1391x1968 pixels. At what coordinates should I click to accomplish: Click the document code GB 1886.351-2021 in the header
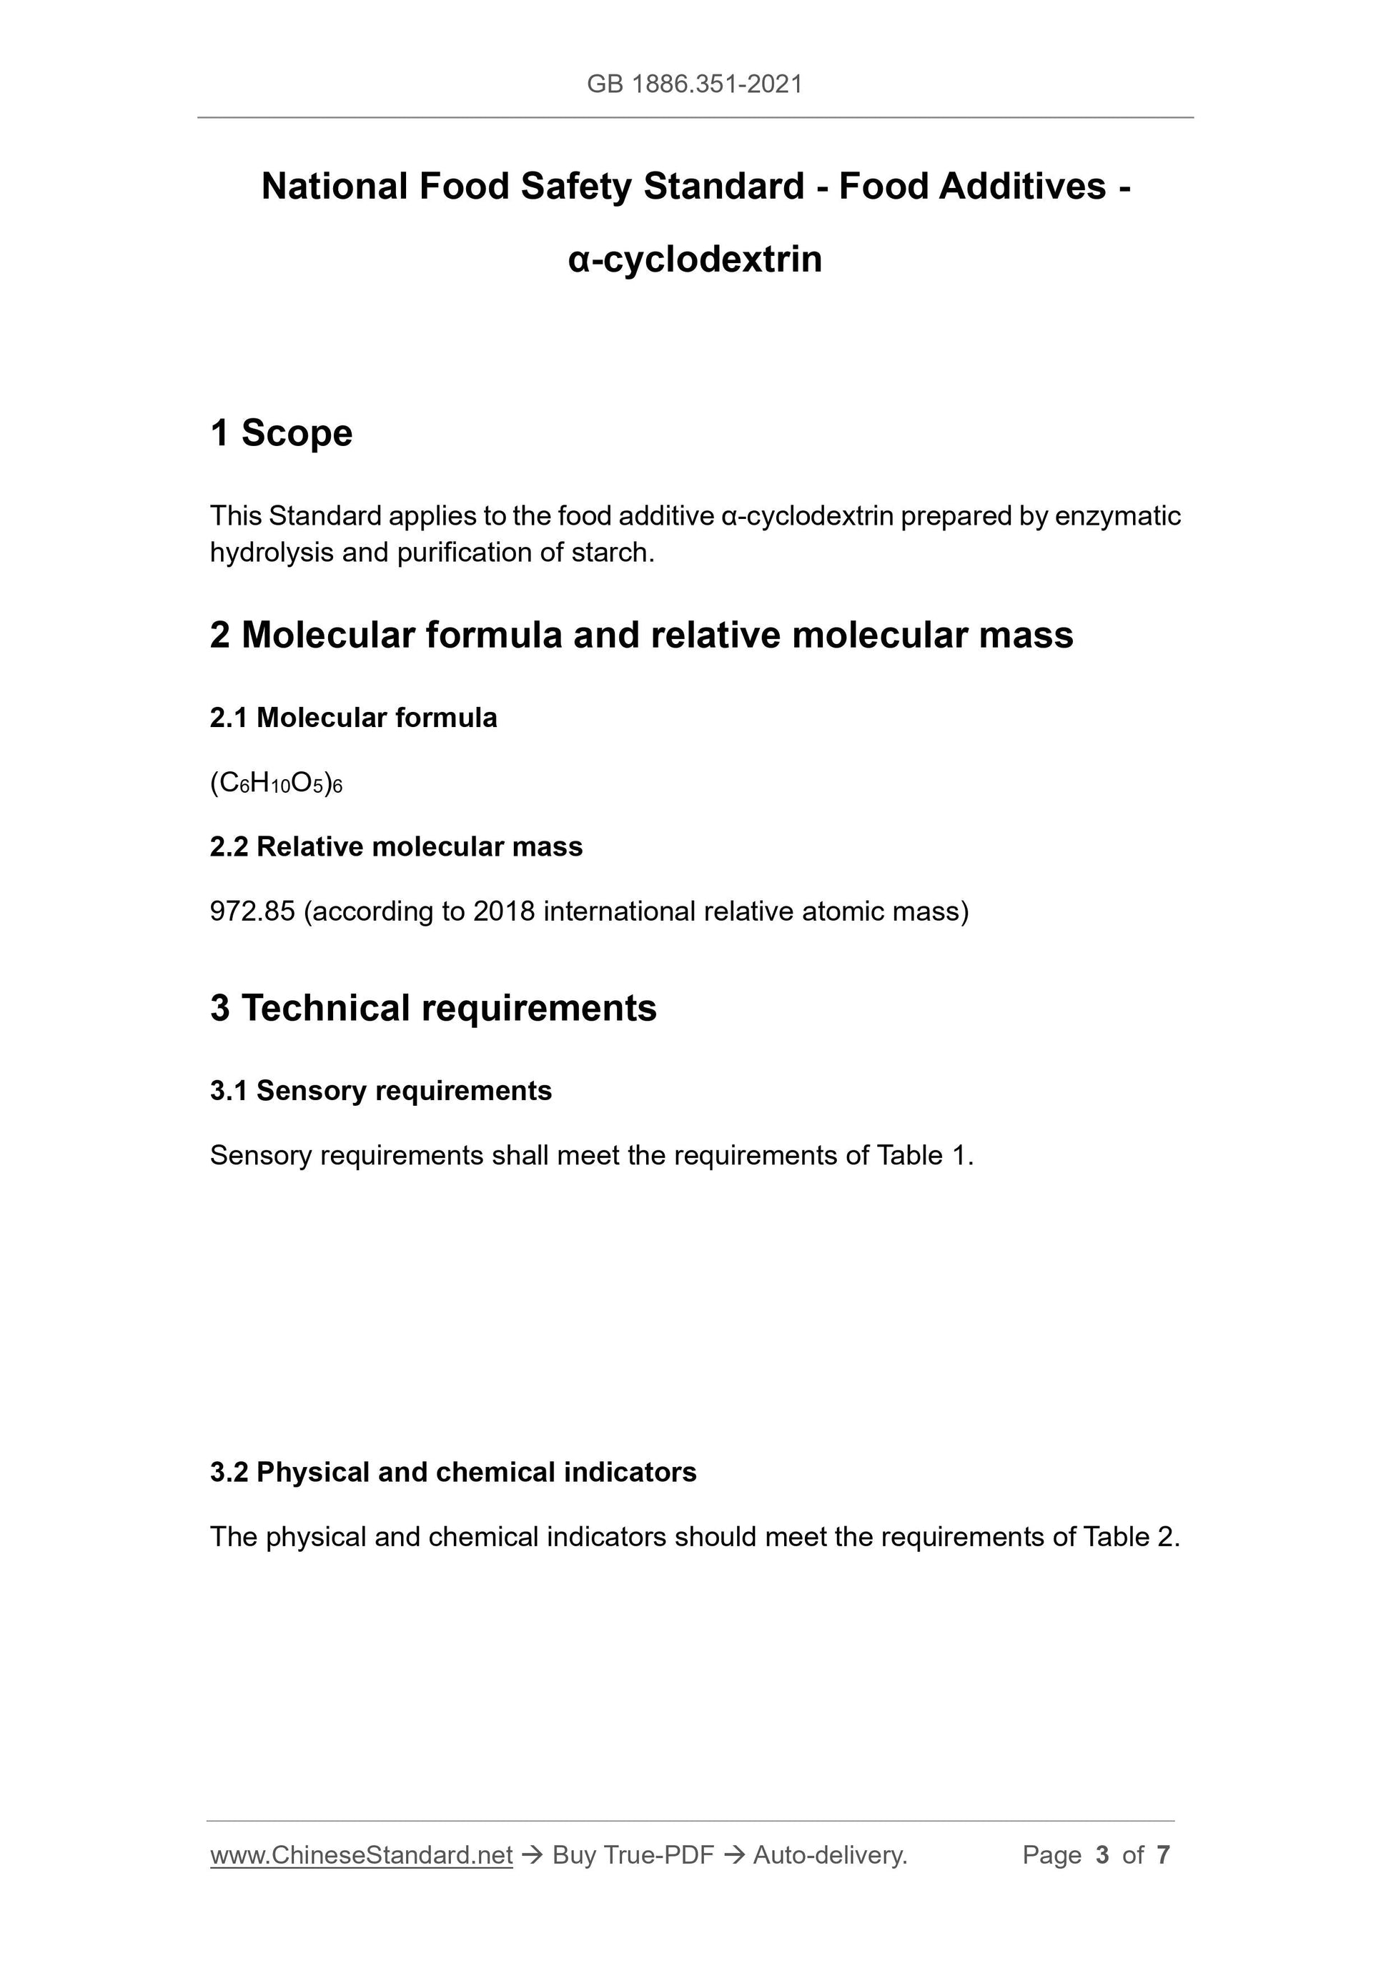click(694, 84)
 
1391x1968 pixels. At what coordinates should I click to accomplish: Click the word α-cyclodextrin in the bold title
click(694, 259)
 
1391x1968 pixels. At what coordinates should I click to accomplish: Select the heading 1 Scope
click(281, 433)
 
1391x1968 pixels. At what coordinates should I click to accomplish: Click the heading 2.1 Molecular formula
click(353, 718)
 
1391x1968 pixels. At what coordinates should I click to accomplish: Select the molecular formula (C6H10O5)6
click(276, 783)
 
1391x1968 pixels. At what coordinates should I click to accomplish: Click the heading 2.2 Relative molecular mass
click(396, 847)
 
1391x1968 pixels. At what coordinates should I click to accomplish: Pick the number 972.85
click(252, 911)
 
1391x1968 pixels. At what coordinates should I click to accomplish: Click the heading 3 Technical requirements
click(433, 1008)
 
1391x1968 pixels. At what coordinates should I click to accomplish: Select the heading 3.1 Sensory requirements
click(380, 1091)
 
